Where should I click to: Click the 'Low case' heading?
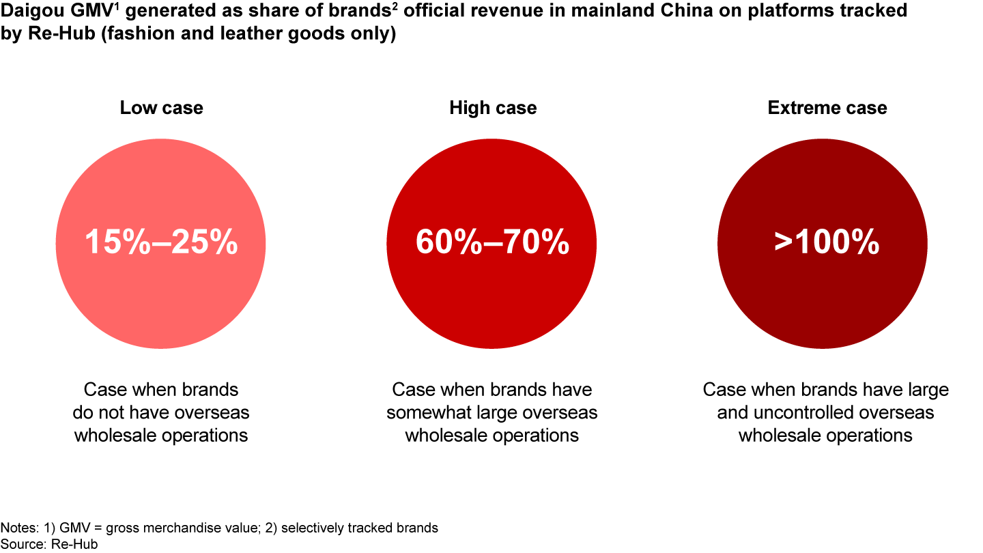pos(161,108)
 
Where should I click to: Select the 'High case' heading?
pos(493,108)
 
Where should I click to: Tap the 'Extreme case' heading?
pos(827,108)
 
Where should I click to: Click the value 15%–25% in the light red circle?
pos(161,243)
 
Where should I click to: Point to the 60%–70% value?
pos(492,243)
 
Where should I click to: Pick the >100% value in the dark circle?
pos(827,243)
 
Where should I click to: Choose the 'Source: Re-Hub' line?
pos(49,543)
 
